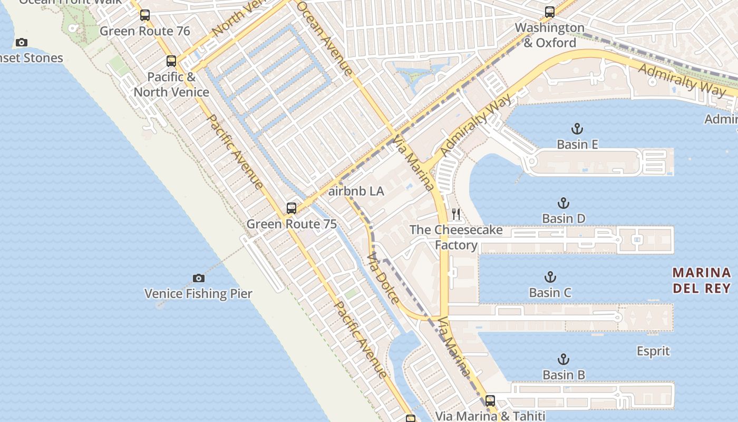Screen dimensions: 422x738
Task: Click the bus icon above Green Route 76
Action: pos(145,15)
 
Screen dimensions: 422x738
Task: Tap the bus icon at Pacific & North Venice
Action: pos(171,61)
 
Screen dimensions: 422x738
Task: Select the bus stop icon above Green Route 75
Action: pos(291,208)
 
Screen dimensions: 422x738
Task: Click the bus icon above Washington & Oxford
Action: pos(550,12)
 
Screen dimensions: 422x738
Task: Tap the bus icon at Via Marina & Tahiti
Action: pos(490,400)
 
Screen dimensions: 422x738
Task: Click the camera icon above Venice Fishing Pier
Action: pos(198,278)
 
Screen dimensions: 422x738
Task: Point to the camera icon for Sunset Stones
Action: pos(21,42)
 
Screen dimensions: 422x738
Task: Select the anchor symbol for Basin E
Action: pos(577,128)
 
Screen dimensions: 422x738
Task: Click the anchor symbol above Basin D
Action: pos(564,203)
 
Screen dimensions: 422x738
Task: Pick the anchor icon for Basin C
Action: pos(550,276)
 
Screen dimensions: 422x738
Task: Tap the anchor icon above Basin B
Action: pos(564,359)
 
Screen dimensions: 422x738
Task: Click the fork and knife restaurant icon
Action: pos(457,214)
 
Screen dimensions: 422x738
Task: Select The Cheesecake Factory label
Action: pos(456,237)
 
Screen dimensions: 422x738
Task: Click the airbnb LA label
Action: pos(356,191)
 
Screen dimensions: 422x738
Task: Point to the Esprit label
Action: pos(653,351)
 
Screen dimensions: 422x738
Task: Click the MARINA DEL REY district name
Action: pos(702,281)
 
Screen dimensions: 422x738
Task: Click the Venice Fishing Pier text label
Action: pos(198,294)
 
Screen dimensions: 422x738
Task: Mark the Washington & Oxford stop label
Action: pos(550,35)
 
